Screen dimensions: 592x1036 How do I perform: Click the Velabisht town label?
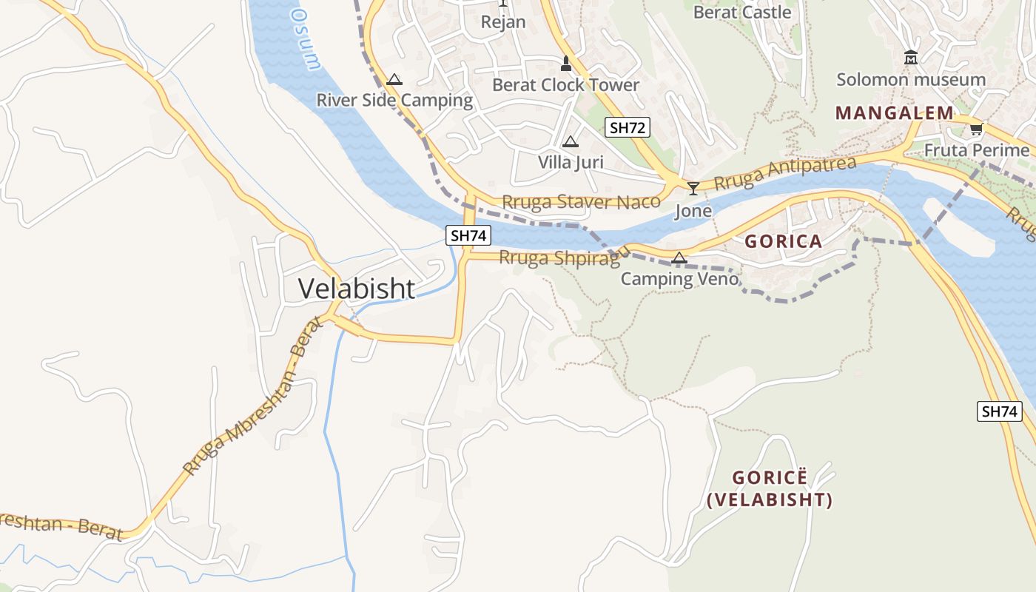point(356,289)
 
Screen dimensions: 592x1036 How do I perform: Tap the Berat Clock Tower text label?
point(565,85)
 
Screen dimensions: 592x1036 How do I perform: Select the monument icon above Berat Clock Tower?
point(566,64)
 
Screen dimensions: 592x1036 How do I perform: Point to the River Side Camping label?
point(394,101)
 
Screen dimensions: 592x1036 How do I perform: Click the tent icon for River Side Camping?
point(394,79)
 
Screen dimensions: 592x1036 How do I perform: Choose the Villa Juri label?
point(571,162)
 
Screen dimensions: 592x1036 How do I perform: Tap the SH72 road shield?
point(627,127)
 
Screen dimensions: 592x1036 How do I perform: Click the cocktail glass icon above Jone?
point(693,189)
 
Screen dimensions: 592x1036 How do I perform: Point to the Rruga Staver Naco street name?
point(581,202)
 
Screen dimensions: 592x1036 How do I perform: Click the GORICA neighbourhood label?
point(783,241)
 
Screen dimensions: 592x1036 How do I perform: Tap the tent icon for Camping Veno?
point(679,258)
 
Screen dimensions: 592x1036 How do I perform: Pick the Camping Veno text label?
point(679,279)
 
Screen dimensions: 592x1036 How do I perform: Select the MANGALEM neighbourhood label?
point(894,113)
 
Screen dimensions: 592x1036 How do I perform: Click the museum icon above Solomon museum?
point(911,58)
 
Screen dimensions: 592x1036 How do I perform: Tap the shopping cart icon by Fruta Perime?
point(977,129)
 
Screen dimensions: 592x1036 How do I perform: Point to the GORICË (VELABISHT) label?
point(770,488)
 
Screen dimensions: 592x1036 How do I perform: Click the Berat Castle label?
point(742,13)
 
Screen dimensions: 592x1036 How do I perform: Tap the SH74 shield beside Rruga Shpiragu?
point(468,236)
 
